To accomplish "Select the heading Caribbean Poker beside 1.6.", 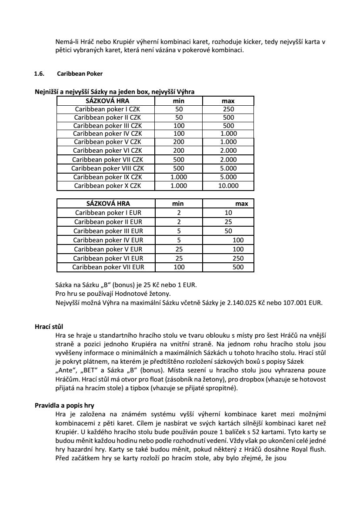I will (80, 74).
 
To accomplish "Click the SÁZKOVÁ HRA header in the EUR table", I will (108, 204).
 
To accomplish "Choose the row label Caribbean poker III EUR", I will (108, 231).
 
